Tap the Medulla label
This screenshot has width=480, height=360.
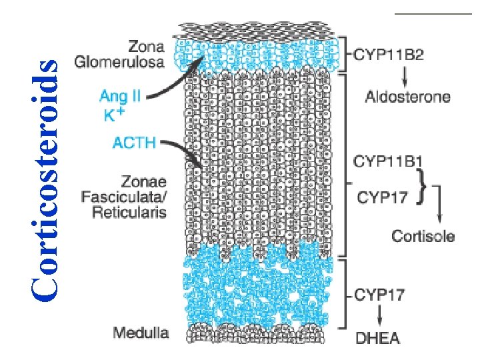point(141,331)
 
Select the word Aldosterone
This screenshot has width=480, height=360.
point(407,97)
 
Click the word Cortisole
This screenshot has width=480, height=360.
point(423,235)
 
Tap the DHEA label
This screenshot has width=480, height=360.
point(377,338)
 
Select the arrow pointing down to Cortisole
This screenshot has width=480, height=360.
point(437,207)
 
